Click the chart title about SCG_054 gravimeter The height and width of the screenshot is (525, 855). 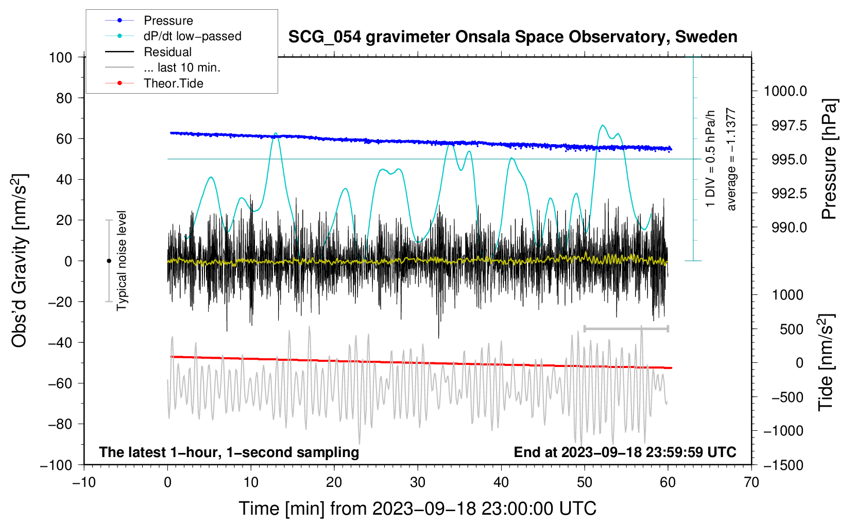tap(512, 37)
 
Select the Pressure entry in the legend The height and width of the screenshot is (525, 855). tap(168, 21)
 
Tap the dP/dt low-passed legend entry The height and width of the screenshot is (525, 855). tap(192, 36)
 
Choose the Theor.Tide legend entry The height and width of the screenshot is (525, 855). tap(173, 83)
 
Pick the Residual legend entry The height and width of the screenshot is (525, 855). tap(167, 52)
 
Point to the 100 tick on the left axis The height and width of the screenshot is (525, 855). tap(60, 57)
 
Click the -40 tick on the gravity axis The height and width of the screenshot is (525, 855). tap(60, 342)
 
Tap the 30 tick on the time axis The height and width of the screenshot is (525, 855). tap(418, 482)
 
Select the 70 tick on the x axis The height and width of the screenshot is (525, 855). tap(751, 482)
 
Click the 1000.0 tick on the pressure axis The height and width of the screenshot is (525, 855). tap(785, 91)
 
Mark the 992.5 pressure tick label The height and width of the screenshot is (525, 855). tap(789, 194)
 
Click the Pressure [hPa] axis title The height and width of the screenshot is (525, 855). tap(829, 159)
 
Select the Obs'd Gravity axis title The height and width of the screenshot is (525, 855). tap(20, 261)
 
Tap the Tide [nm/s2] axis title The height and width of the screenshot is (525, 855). tap(826, 362)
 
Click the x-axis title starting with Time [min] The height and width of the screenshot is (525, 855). tap(417, 509)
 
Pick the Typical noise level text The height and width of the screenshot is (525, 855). tap(122, 260)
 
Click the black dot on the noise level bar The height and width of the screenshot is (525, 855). tap(109, 261)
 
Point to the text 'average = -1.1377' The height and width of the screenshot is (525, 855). tap(731, 159)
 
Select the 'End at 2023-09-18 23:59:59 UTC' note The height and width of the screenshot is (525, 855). tap(625, 452)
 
